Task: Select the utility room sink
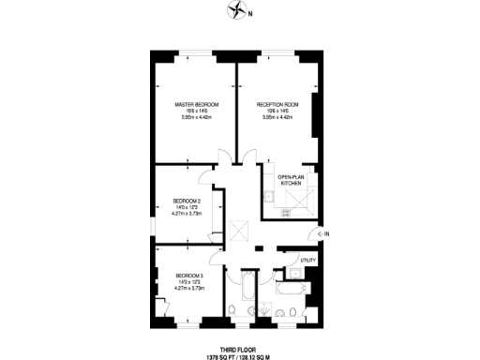(294, 272)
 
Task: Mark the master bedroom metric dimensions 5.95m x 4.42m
(197, 118)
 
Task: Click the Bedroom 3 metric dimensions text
(189, 289)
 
